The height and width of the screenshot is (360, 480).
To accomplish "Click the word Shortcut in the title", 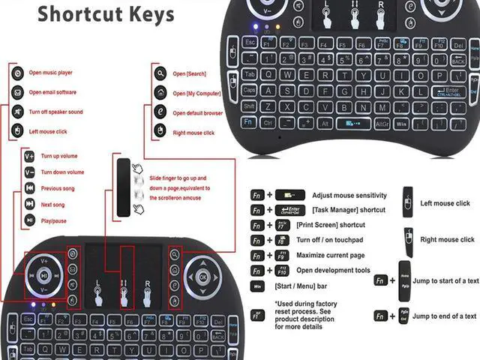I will pyautogui.click(x=80, y=13).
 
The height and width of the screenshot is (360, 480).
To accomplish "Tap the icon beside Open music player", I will pyautogui.click(x=17, y=73).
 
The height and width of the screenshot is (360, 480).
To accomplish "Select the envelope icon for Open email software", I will pyautogui.click(x=17, y=92).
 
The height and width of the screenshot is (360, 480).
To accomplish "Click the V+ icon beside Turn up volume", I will pyautogui.click(x=28, y=156).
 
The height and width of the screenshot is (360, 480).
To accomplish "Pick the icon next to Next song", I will pyautogui.click(x=28, y=203).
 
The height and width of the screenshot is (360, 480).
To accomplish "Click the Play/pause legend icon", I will pyautogui.click(x=28, y=220).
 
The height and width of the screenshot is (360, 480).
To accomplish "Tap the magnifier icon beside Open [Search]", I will pyautogui.click(x=160, y=73).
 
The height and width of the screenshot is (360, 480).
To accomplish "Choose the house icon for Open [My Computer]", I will pyautogui.click(x=160, y=93).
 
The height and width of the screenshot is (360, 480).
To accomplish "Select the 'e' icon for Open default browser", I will pyautogui.click(x=160, y=112).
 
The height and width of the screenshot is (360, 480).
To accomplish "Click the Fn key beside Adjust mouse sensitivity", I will pyautogui.click(x=256, y=195).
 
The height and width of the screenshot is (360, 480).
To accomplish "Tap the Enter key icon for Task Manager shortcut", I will pyautogui.click(x=289, y=211).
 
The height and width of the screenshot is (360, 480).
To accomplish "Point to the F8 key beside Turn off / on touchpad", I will pyautogui.click(x=282, y=241).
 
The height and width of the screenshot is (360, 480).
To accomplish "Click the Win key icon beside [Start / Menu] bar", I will pyautogui.click(x=256, y=286).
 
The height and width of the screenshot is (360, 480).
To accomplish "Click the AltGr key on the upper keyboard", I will pyautogui.click(x=382, y=122).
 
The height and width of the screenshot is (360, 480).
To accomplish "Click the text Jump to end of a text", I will pyautogui.click(x=444, y=316).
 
